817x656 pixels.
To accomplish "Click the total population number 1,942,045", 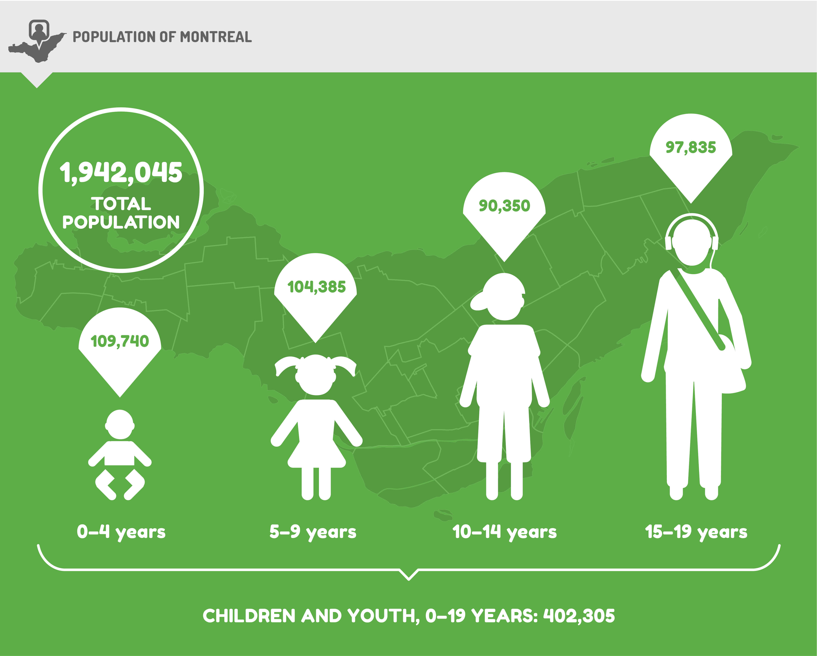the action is (121, 173).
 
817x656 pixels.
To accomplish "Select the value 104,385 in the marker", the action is (316, 287).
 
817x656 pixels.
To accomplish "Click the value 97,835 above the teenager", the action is (691, 147).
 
